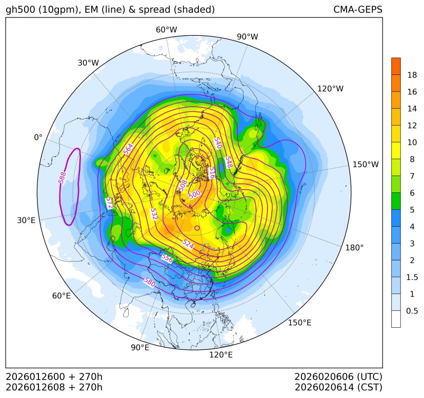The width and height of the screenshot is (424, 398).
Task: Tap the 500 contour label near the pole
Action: pyautogui.click(x=194, y=194)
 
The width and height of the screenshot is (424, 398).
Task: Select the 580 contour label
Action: pyautogui.click(x=149, y=282)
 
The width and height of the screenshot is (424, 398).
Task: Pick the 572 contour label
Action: pyautogui.click(x=109, y=203)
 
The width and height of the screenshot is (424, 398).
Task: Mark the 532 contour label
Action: pyautogui.click(x=154, y=214)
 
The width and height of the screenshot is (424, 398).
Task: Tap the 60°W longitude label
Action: pyautogui.click(x=166, y=30)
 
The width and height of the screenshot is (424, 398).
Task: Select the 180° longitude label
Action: pyautogui.click(x=354, y=248)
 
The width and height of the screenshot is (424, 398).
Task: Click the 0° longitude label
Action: pyautogui.click(x=38, y=137)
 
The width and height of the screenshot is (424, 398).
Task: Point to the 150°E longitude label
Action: pyautogui.click(x=299, y=323)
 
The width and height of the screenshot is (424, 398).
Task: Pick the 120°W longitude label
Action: pyautogui.click(x=330, y=89)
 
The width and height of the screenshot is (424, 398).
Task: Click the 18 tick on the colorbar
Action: pyautogui.click(x=412, y=75)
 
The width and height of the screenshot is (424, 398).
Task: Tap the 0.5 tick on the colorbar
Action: pyautogui.click(x=412, y=311)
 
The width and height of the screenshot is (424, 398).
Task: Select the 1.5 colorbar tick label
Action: pyautogui.click(x=412, y=277)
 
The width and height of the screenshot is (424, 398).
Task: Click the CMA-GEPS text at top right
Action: pyautogui.click(x=357, y=10)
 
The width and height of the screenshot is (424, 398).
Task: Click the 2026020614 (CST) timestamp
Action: pyautogui.click(x=338, y=387)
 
